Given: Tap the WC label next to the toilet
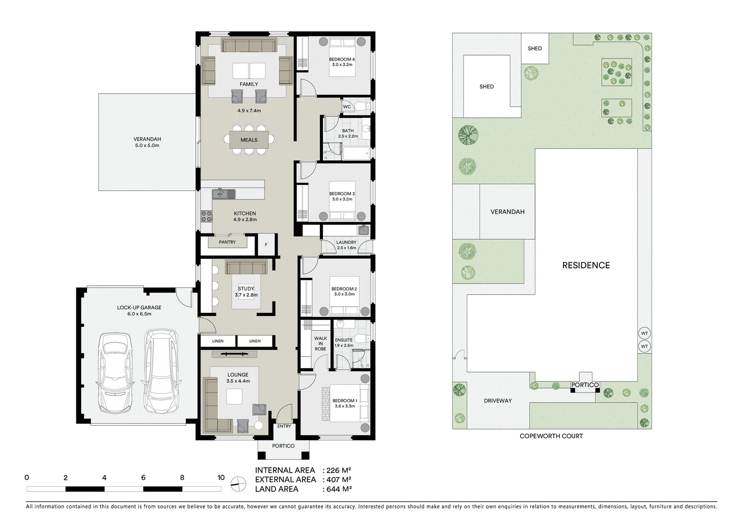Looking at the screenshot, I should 347,107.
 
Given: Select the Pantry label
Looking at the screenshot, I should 227,242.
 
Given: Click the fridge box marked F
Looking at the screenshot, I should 266,245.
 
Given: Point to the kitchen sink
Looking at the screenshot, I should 223,194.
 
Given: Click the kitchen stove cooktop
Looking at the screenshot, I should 206,216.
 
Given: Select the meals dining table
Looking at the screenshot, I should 249,140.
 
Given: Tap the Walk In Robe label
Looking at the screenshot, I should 320,344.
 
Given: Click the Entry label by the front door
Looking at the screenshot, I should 284,426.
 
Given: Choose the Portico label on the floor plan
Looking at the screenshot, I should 283,446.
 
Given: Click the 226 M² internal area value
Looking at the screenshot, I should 336,470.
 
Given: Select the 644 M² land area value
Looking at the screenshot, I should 336,489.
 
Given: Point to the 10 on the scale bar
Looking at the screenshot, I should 221,478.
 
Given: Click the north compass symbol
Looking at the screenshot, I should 238,483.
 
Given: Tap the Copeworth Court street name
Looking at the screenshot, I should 551,436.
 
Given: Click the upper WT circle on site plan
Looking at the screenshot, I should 644,333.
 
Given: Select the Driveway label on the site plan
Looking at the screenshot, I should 497,401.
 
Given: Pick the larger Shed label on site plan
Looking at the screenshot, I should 486,87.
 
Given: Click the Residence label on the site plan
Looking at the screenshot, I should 586,265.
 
